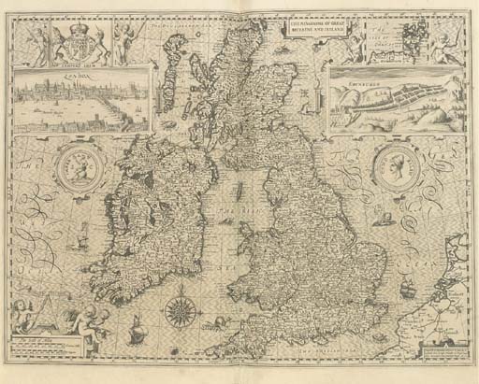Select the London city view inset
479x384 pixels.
tap(81, 99)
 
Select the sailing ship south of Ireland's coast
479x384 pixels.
tap(135, 328)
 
